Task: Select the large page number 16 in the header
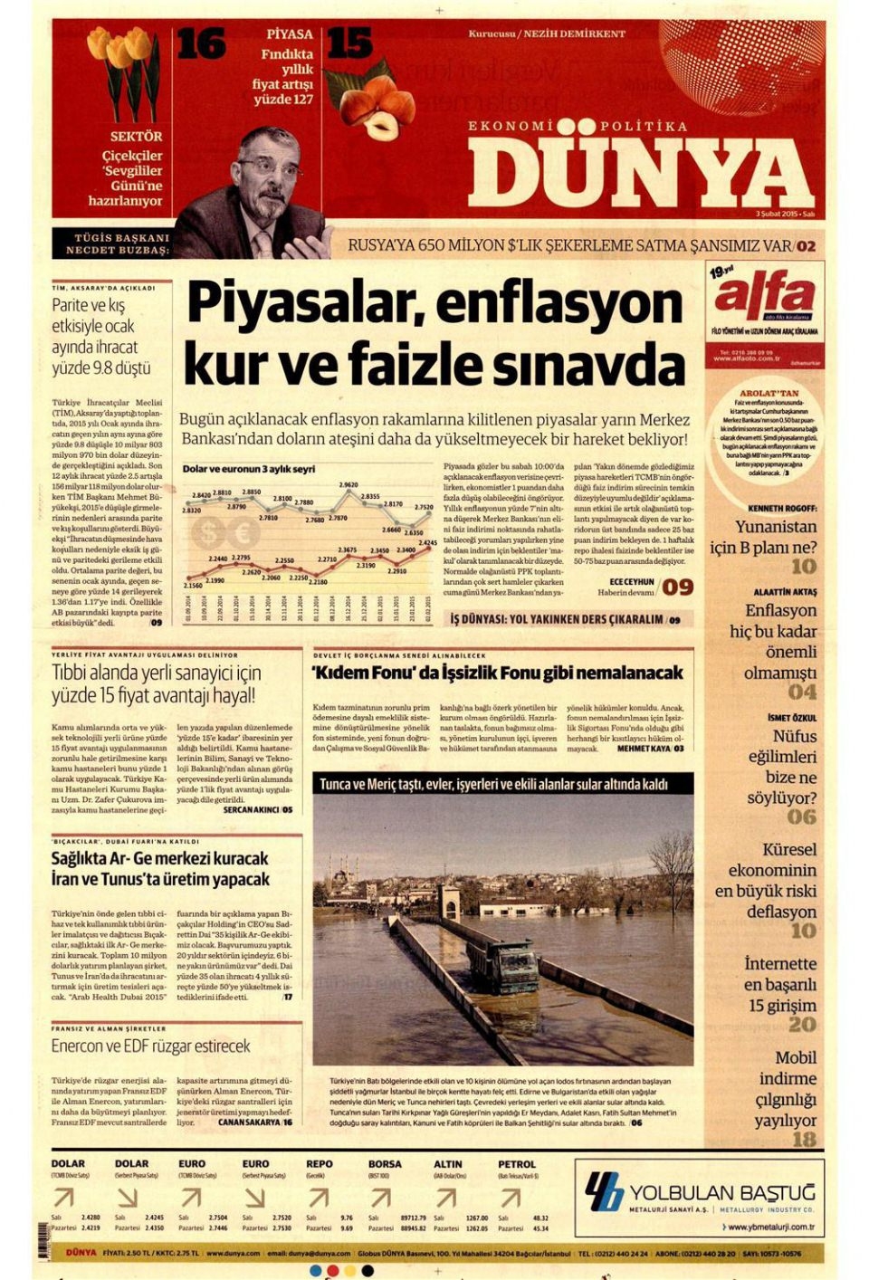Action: [201, 43]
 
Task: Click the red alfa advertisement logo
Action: [764, 296]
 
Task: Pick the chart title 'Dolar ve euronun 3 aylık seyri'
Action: [249, 469]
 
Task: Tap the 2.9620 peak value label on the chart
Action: [349, 486]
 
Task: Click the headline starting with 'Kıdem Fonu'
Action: [497, 673]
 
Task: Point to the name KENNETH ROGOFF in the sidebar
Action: [782, 509]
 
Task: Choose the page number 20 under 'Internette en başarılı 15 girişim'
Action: [802, 1024]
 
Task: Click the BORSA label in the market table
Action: [385, 1164]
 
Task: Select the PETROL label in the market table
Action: [516, 1164]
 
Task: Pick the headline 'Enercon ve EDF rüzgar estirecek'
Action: [150, 1046]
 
